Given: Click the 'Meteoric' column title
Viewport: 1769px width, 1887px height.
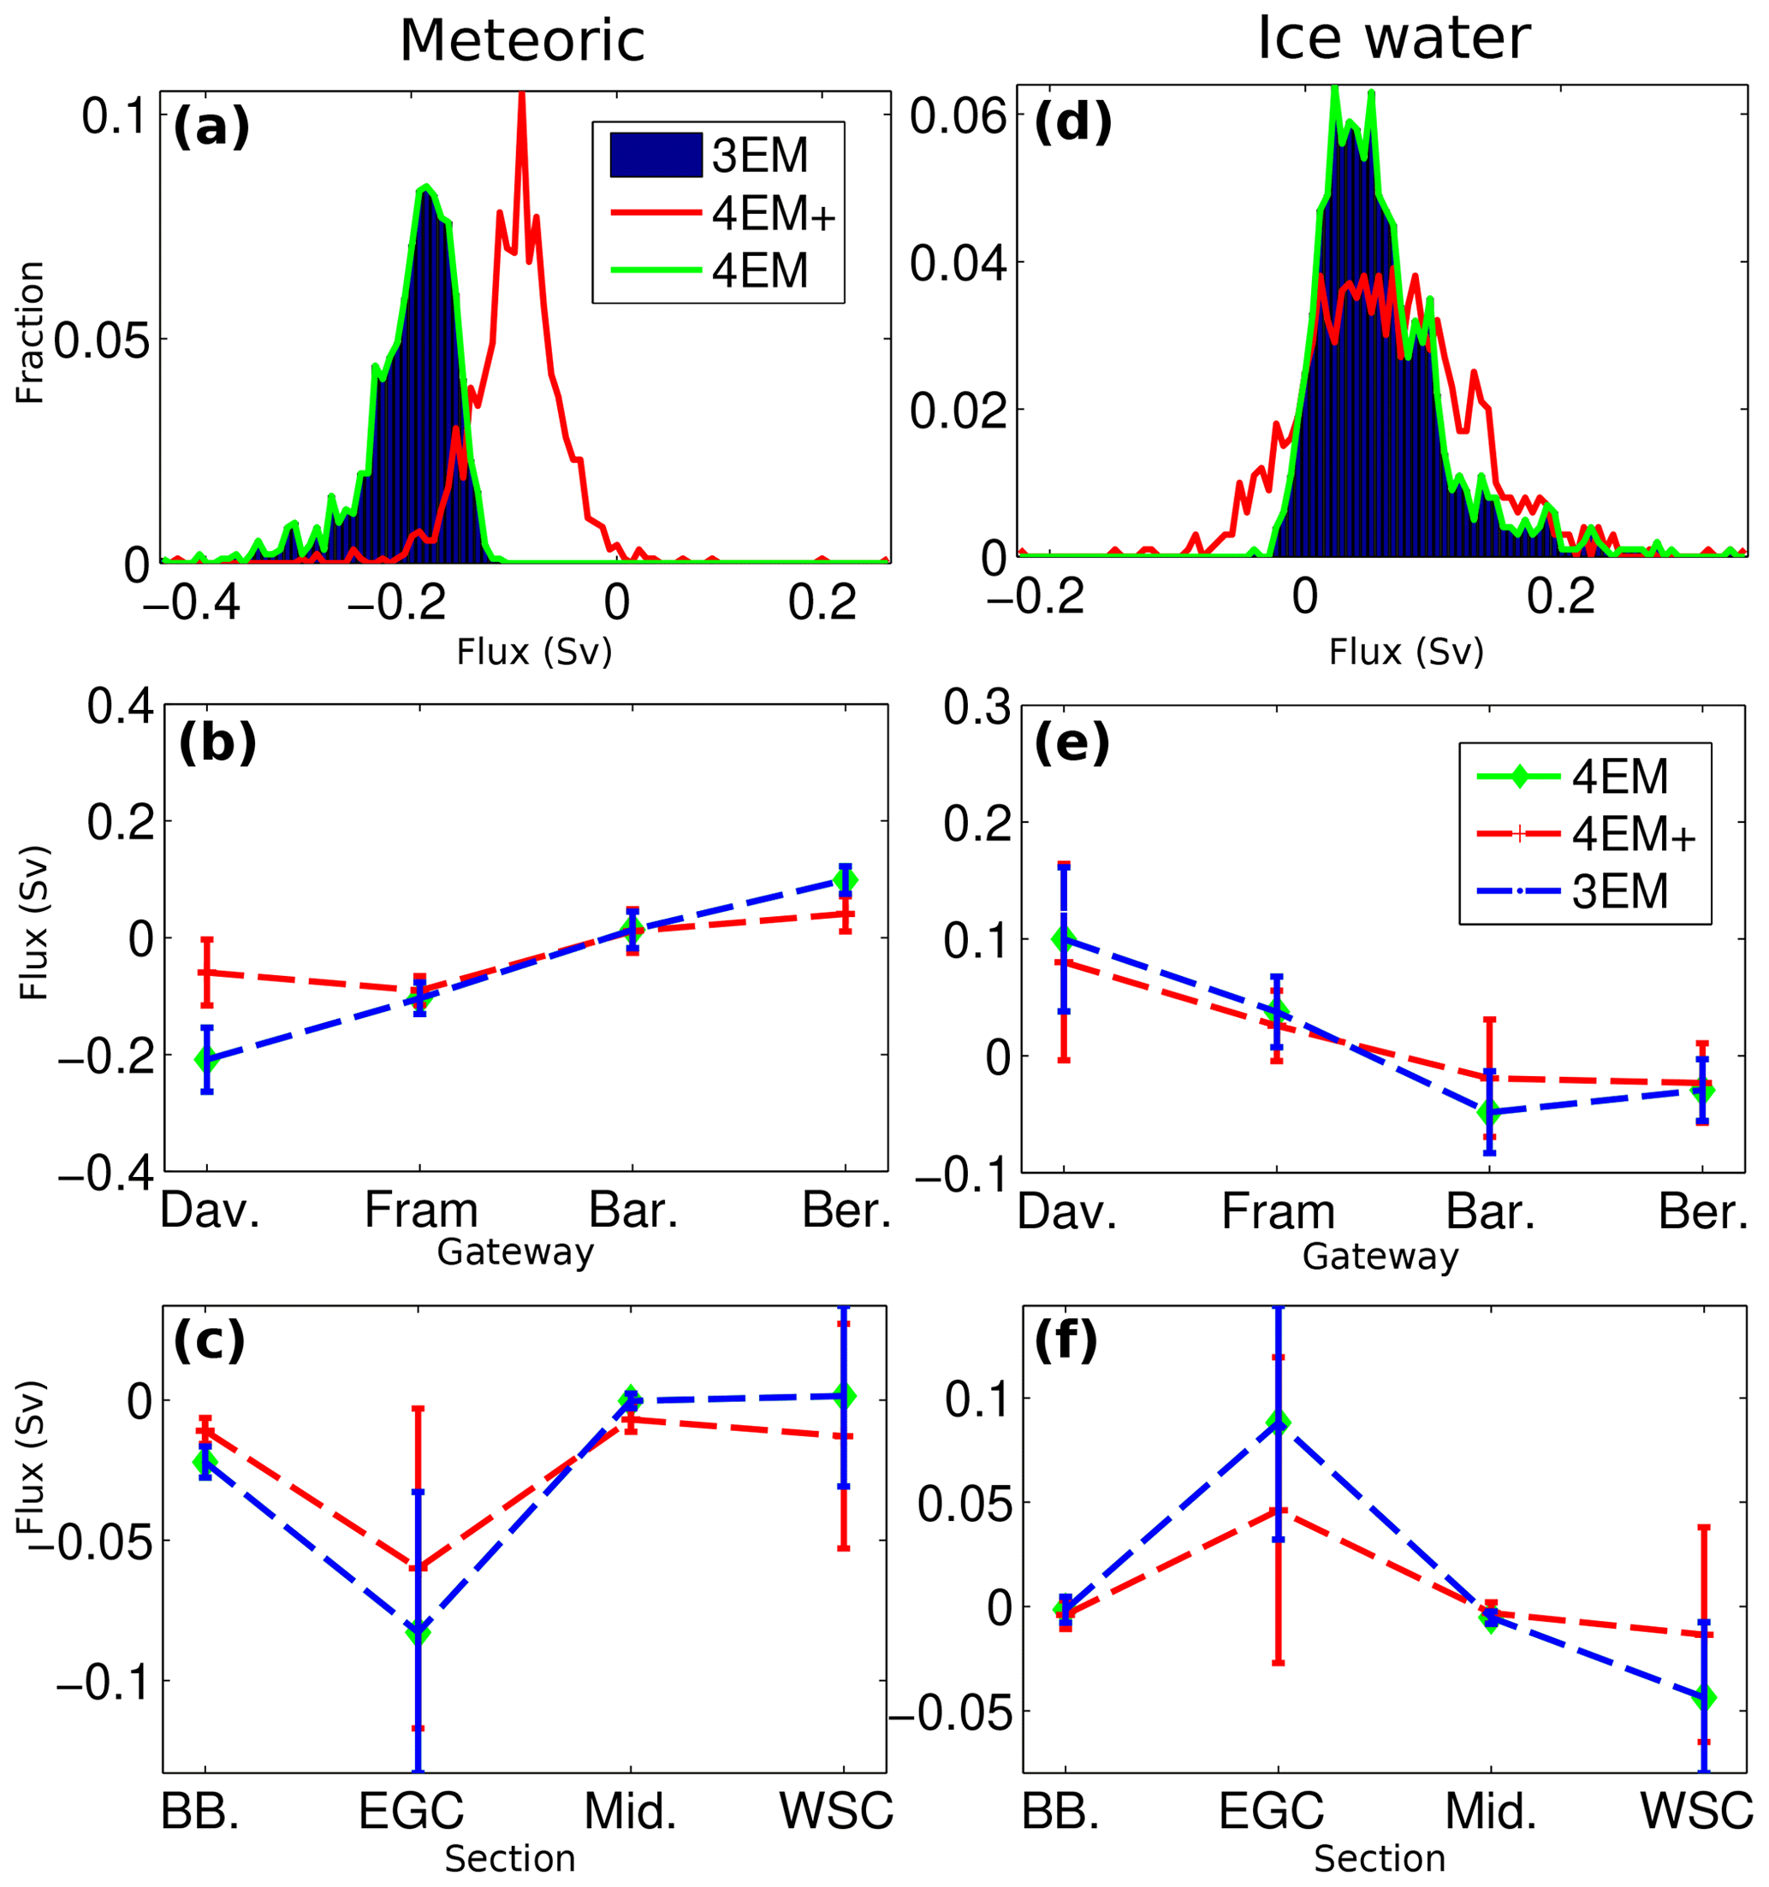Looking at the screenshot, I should click(x=521, y=42).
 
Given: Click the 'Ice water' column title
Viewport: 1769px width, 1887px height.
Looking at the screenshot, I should click(x=1393, y=40).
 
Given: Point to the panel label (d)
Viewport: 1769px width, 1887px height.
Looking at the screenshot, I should click(x=1072, y=123).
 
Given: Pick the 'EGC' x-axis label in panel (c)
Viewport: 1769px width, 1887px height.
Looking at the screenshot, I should click(x=411, y=1810).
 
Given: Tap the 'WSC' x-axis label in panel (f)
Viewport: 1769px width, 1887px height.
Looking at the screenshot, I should click(x=1697, y=1810).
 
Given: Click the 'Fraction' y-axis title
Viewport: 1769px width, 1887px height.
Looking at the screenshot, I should click(x=31, y=332).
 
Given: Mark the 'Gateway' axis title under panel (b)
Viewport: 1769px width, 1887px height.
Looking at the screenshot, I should click(x=514, y=1252).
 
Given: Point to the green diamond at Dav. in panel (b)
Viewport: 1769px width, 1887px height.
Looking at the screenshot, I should click(x=207, y=1059).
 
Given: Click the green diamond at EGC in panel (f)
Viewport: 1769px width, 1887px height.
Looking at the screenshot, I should click(x=1278, y=1422).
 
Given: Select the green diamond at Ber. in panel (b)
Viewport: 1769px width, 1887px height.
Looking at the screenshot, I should click(x=845, y=880).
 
